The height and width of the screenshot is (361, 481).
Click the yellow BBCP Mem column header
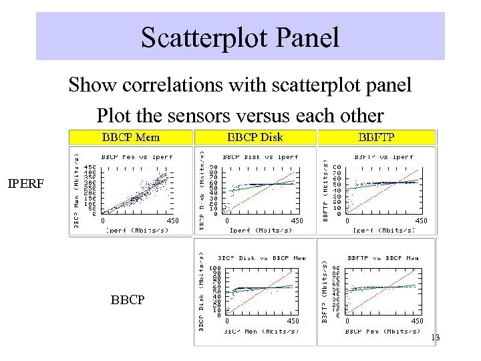[131, 138]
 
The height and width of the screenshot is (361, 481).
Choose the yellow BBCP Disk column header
[255, 138]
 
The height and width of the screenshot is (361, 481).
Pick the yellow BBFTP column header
[377, 138]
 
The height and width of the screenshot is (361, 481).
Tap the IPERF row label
[25, 181]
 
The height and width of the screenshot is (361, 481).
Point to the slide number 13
[436, 338]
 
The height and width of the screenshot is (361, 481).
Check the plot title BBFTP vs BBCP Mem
[381, 257]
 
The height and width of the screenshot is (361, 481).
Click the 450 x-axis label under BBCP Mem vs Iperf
[173, 220]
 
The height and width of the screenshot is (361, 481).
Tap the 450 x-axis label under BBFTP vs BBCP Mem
[417, 322]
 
